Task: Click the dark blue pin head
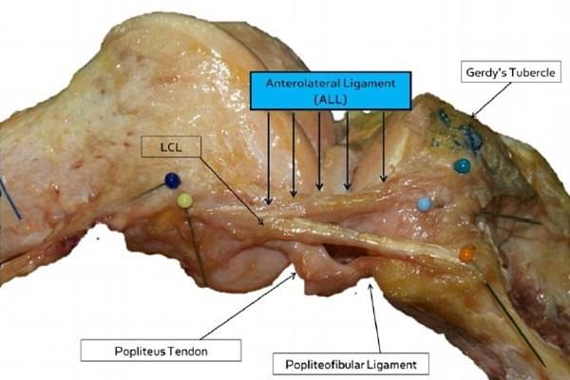(172, 180)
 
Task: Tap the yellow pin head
(184, 200)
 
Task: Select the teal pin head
(462, 166)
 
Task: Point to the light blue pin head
(425, 204)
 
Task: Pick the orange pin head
(466, 255)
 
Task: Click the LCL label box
(171, 147)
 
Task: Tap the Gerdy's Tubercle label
(511, 72)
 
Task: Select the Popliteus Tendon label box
(161, 351)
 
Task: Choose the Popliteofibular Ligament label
(351, 364)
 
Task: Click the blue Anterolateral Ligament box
(331, 91)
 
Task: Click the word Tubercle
(533, 72)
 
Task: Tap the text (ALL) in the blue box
(331, 99)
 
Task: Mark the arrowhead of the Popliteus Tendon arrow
(295, 274)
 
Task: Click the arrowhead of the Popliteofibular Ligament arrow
(370, 284)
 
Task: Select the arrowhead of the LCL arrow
(263, 223)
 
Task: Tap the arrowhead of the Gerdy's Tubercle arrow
(471, 118)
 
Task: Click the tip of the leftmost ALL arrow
(268, 205)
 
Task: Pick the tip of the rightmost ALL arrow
(384, 181)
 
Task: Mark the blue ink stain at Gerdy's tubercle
(462, 133)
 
